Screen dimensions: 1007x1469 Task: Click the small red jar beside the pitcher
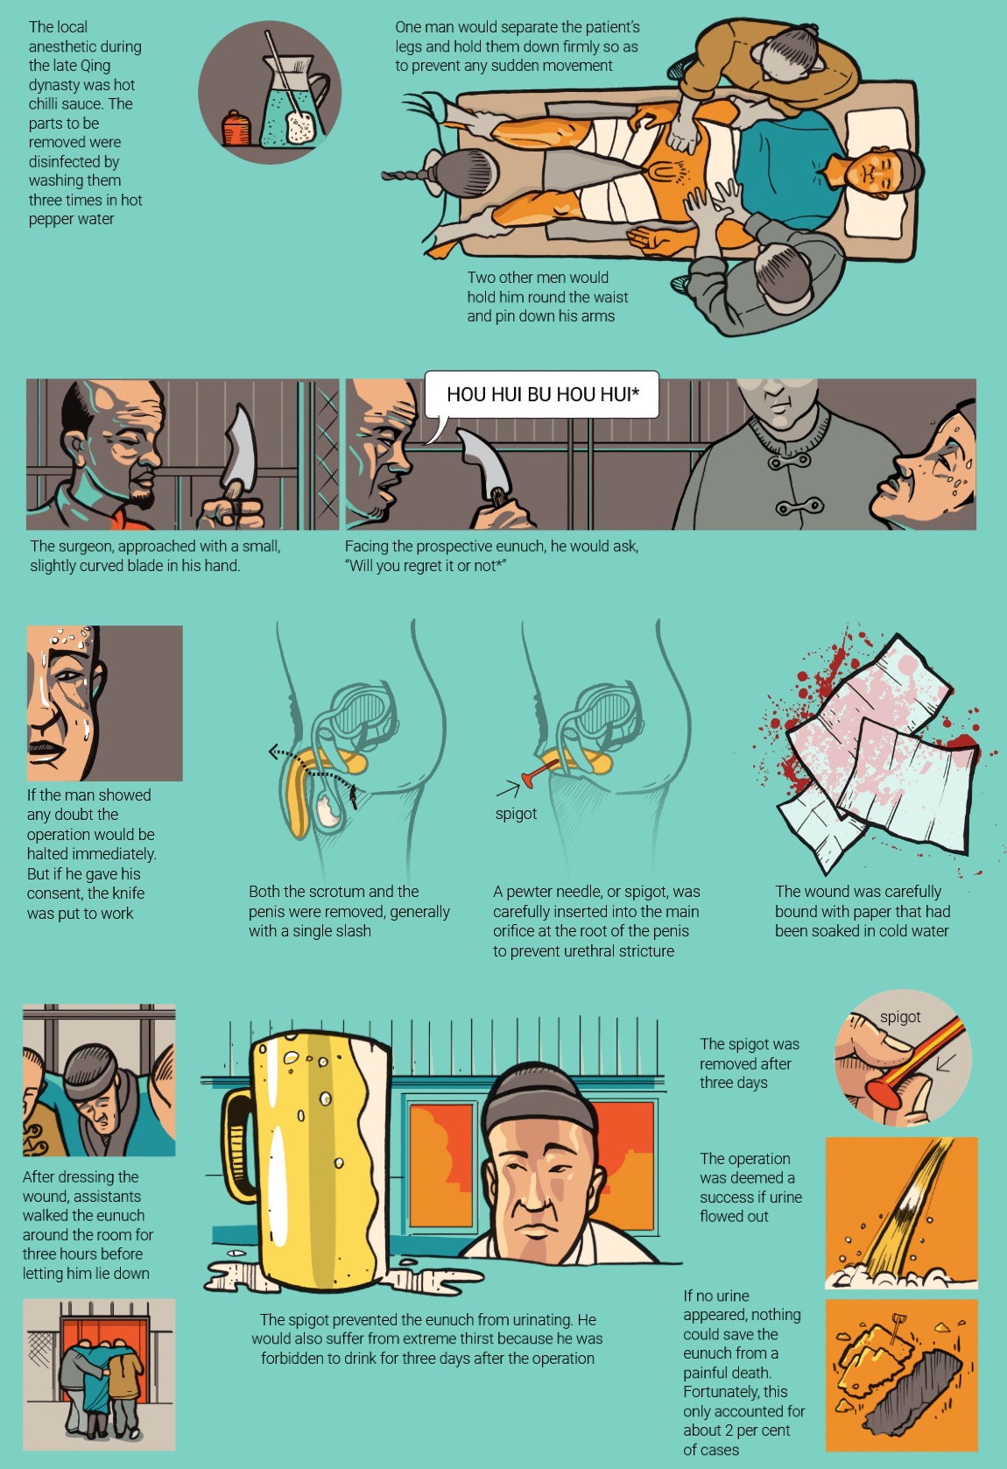[x=236, y=128]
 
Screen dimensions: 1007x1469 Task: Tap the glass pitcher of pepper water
[x=292, y=98]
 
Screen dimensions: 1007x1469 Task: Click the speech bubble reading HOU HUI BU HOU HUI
[x=541, y=395]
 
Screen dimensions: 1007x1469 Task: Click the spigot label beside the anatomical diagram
[x=516, y=814]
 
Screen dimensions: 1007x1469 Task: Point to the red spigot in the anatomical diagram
[x=539, y=771]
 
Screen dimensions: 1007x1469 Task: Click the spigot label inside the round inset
[x=900, y=1017]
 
